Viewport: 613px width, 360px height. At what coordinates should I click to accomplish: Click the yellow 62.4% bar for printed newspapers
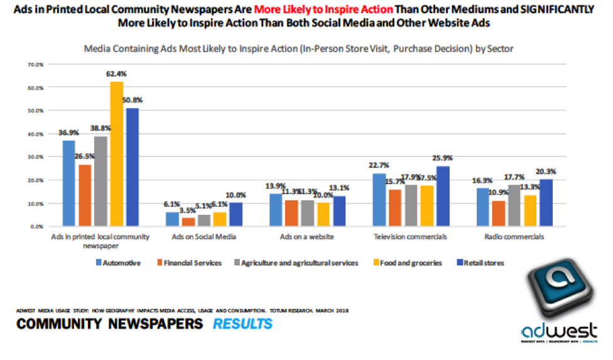[117, 153]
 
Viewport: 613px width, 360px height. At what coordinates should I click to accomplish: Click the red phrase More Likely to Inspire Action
[325, 10]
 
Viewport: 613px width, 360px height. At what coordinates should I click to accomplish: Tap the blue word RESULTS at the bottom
[242, 324]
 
